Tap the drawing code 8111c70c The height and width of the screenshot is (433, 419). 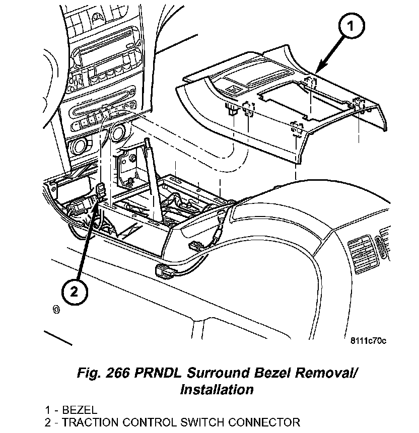click(368, 341)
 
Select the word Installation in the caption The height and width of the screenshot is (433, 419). click(217, 389)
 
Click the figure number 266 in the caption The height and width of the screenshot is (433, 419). click(116, 374)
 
